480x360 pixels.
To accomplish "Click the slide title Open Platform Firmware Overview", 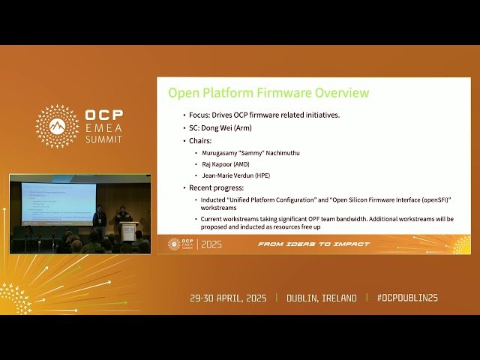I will point(268,93).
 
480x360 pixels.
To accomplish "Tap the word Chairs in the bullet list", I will point(202,140).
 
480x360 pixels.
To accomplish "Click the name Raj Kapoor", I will point(215,163).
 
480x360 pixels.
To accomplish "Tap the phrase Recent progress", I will point(217,187).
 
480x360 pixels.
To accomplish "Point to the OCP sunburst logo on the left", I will point(57,126).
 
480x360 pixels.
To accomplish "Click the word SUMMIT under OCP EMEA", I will point(103,140).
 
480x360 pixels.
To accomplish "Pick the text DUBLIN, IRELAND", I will point(322,298).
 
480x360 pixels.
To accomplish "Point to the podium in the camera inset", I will point(125,232).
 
